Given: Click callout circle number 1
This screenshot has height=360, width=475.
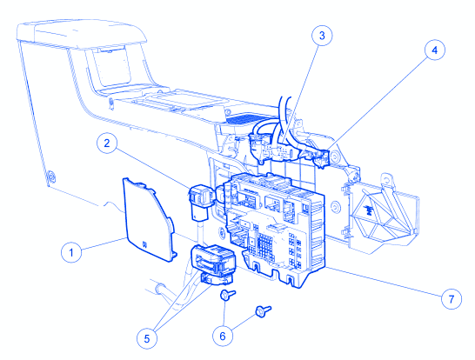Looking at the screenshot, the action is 71,252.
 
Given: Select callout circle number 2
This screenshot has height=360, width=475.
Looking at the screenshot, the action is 107,143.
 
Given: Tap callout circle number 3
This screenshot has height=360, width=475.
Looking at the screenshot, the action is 322,36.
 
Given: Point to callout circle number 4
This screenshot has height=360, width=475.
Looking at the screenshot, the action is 435,50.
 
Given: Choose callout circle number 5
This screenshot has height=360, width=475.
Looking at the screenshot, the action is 147,338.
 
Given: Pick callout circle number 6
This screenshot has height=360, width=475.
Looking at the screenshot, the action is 223,336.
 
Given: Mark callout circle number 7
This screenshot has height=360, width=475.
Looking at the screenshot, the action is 452,299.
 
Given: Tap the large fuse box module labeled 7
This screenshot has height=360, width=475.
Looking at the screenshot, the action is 274,230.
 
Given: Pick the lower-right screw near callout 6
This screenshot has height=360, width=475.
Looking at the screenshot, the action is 264,311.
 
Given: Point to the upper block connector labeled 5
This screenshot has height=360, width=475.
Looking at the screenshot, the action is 213,260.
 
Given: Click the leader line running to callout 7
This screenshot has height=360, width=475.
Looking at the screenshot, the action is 383,283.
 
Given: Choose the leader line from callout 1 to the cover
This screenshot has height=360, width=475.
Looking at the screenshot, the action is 104,243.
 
